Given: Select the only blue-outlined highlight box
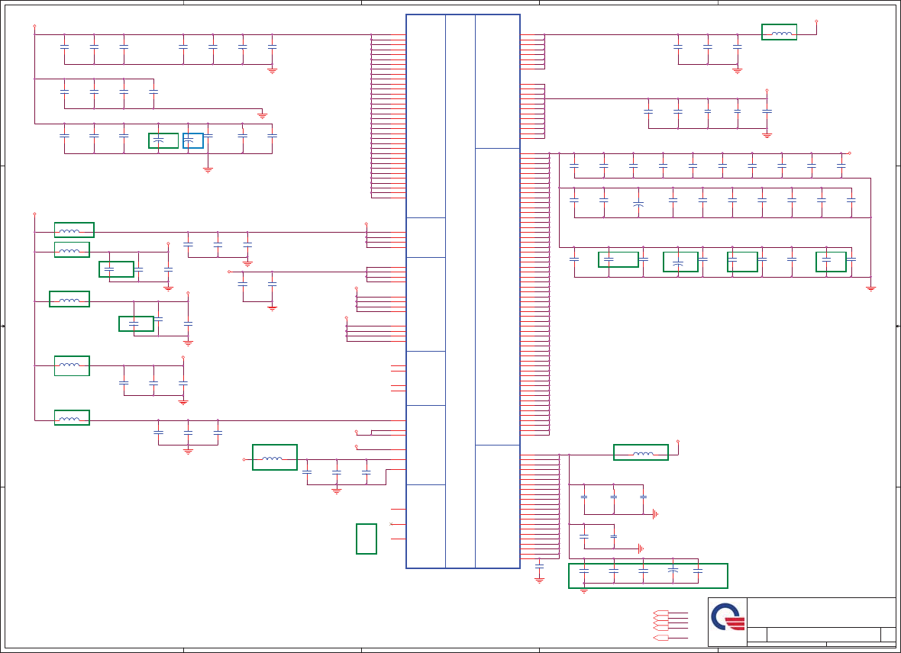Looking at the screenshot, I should [x=193, y=140].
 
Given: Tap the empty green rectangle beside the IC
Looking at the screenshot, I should [x=367, y=539].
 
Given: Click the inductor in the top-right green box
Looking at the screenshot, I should [x=780, y=33].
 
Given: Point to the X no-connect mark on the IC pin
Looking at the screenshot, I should [x=392, y=524].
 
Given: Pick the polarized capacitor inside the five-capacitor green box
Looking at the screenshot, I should [x=673, y=571].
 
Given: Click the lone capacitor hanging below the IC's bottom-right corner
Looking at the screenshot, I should [x=539, y=567].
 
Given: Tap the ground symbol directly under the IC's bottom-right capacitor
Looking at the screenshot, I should [x=539, y=580].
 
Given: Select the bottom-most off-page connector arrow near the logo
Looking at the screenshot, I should [x=661, y=638].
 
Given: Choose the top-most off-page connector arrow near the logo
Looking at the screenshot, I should [x=661, y=613].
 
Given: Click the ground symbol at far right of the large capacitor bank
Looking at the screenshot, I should [x=870, y=288].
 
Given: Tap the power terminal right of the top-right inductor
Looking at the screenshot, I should [x=816, y=22].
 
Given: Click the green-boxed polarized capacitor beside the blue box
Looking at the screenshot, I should [x=159, y=140].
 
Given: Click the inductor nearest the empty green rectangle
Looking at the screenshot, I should [x=273, y=458].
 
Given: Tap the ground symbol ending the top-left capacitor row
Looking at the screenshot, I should [x=272, y=70].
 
